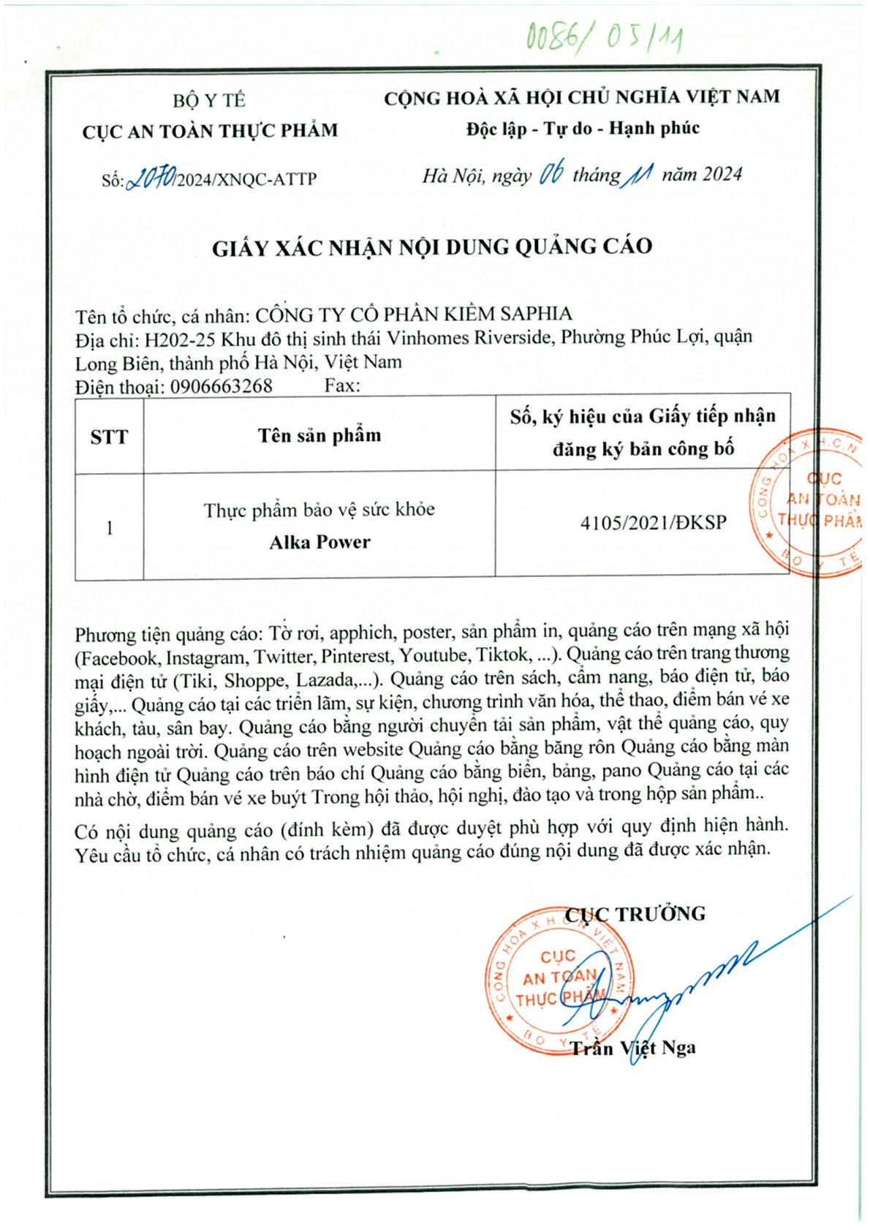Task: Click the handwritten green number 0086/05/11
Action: tap(604, 37)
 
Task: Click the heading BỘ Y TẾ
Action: tap(209, 100)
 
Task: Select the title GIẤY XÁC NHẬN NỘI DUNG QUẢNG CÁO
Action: tap(432, 247)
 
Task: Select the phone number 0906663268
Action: tap(221, 386)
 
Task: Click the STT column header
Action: tap(109, 437)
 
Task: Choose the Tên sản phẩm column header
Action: tap(319, 436)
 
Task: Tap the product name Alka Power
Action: tap(319, 542)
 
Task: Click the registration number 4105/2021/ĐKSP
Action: tap(653, 523)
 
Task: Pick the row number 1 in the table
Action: tap(109, 527)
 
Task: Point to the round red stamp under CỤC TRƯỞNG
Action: tap(559, 980)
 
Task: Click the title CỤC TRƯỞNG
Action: tap(635, 914)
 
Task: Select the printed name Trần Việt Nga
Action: tap(633, 1048)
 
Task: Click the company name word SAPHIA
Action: tap(536, 314)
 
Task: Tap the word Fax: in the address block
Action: tap(341, 385)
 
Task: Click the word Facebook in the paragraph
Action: tap(118, 657)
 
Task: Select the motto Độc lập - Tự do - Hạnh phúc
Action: tap(583, 129)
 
